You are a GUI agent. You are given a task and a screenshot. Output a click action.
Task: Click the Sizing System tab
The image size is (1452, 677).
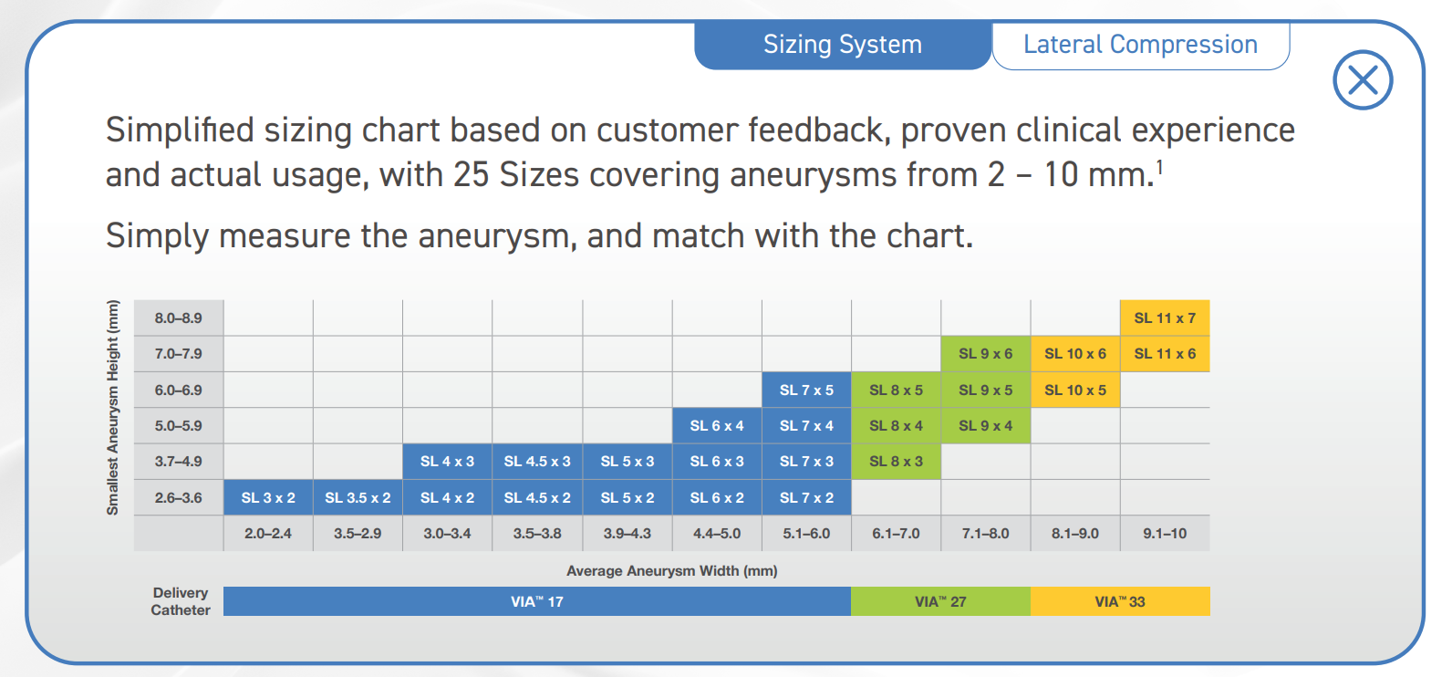click(x=842, y=45)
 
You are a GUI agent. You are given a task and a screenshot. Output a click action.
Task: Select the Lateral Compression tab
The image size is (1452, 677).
click(x=1140, y=45)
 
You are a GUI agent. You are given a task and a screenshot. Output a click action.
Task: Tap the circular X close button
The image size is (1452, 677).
click(x=1363, y=80)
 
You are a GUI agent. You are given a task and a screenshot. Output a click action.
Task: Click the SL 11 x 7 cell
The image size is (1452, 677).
click(x=1165, y=318)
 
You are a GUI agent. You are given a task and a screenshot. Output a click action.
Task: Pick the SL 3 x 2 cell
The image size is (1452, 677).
click(x=268, y=497)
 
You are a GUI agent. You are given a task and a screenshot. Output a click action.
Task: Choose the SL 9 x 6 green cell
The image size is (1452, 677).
click(x=985, y=354)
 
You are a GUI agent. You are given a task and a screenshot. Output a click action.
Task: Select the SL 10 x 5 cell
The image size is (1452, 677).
click(x=1074, y=390)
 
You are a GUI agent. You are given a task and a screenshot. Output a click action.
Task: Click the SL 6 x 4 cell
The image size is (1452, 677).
click(x=716, y=426)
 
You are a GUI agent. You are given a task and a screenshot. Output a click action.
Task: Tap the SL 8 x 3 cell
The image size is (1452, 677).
click(x=896, y=462)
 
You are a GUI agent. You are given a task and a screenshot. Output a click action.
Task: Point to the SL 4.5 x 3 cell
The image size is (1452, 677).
click(x=537, y=462)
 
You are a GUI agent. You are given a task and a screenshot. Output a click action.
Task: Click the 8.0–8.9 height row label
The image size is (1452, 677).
click(x=179, y=318)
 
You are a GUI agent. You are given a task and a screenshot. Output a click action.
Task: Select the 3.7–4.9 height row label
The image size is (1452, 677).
click(x=179, y=462)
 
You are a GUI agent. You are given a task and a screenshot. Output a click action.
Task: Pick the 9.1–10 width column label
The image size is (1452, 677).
click(x=1165, y=533)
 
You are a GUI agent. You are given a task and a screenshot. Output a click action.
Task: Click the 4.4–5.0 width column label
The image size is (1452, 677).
click(x=716, y=533)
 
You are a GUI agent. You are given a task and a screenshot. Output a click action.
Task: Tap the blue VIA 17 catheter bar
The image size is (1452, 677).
click(x=537, y=601)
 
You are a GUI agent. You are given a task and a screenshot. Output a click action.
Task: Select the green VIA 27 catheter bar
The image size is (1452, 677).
click(x=940, y=601)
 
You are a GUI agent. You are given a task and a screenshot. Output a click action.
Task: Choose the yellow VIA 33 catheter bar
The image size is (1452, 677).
click(x=1120, y=601)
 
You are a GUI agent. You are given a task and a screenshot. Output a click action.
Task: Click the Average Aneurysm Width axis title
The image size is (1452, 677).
click(x=671, y=571)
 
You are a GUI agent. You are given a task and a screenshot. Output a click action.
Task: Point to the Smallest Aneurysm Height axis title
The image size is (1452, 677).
click(x=113, y=407)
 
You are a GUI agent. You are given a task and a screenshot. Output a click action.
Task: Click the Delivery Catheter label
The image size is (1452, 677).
click(x=181, y=601)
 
